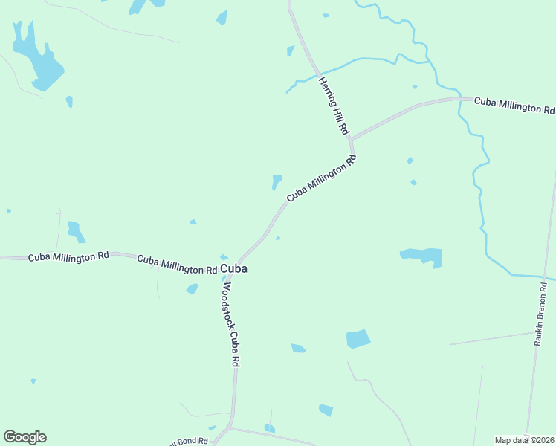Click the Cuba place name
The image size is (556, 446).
(x=234, y=268)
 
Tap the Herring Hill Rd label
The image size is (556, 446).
(x=334, y=106)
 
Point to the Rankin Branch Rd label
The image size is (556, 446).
(x=540, y=314)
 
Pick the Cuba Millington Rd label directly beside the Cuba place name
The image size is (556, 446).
(x=178, y=265)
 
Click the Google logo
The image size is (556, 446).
(x=25, y=437)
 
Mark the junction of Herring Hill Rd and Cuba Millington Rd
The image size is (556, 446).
(x=351, y=139)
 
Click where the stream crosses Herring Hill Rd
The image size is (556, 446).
(x=317, y=71)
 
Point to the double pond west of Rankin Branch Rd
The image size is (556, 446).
(x=422, y=256)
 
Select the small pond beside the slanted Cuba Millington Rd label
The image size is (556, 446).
(x=277, y=181)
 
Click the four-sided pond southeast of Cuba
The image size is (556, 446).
(x=358, y=339)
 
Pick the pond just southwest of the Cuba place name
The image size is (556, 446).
(x=193, y=288)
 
